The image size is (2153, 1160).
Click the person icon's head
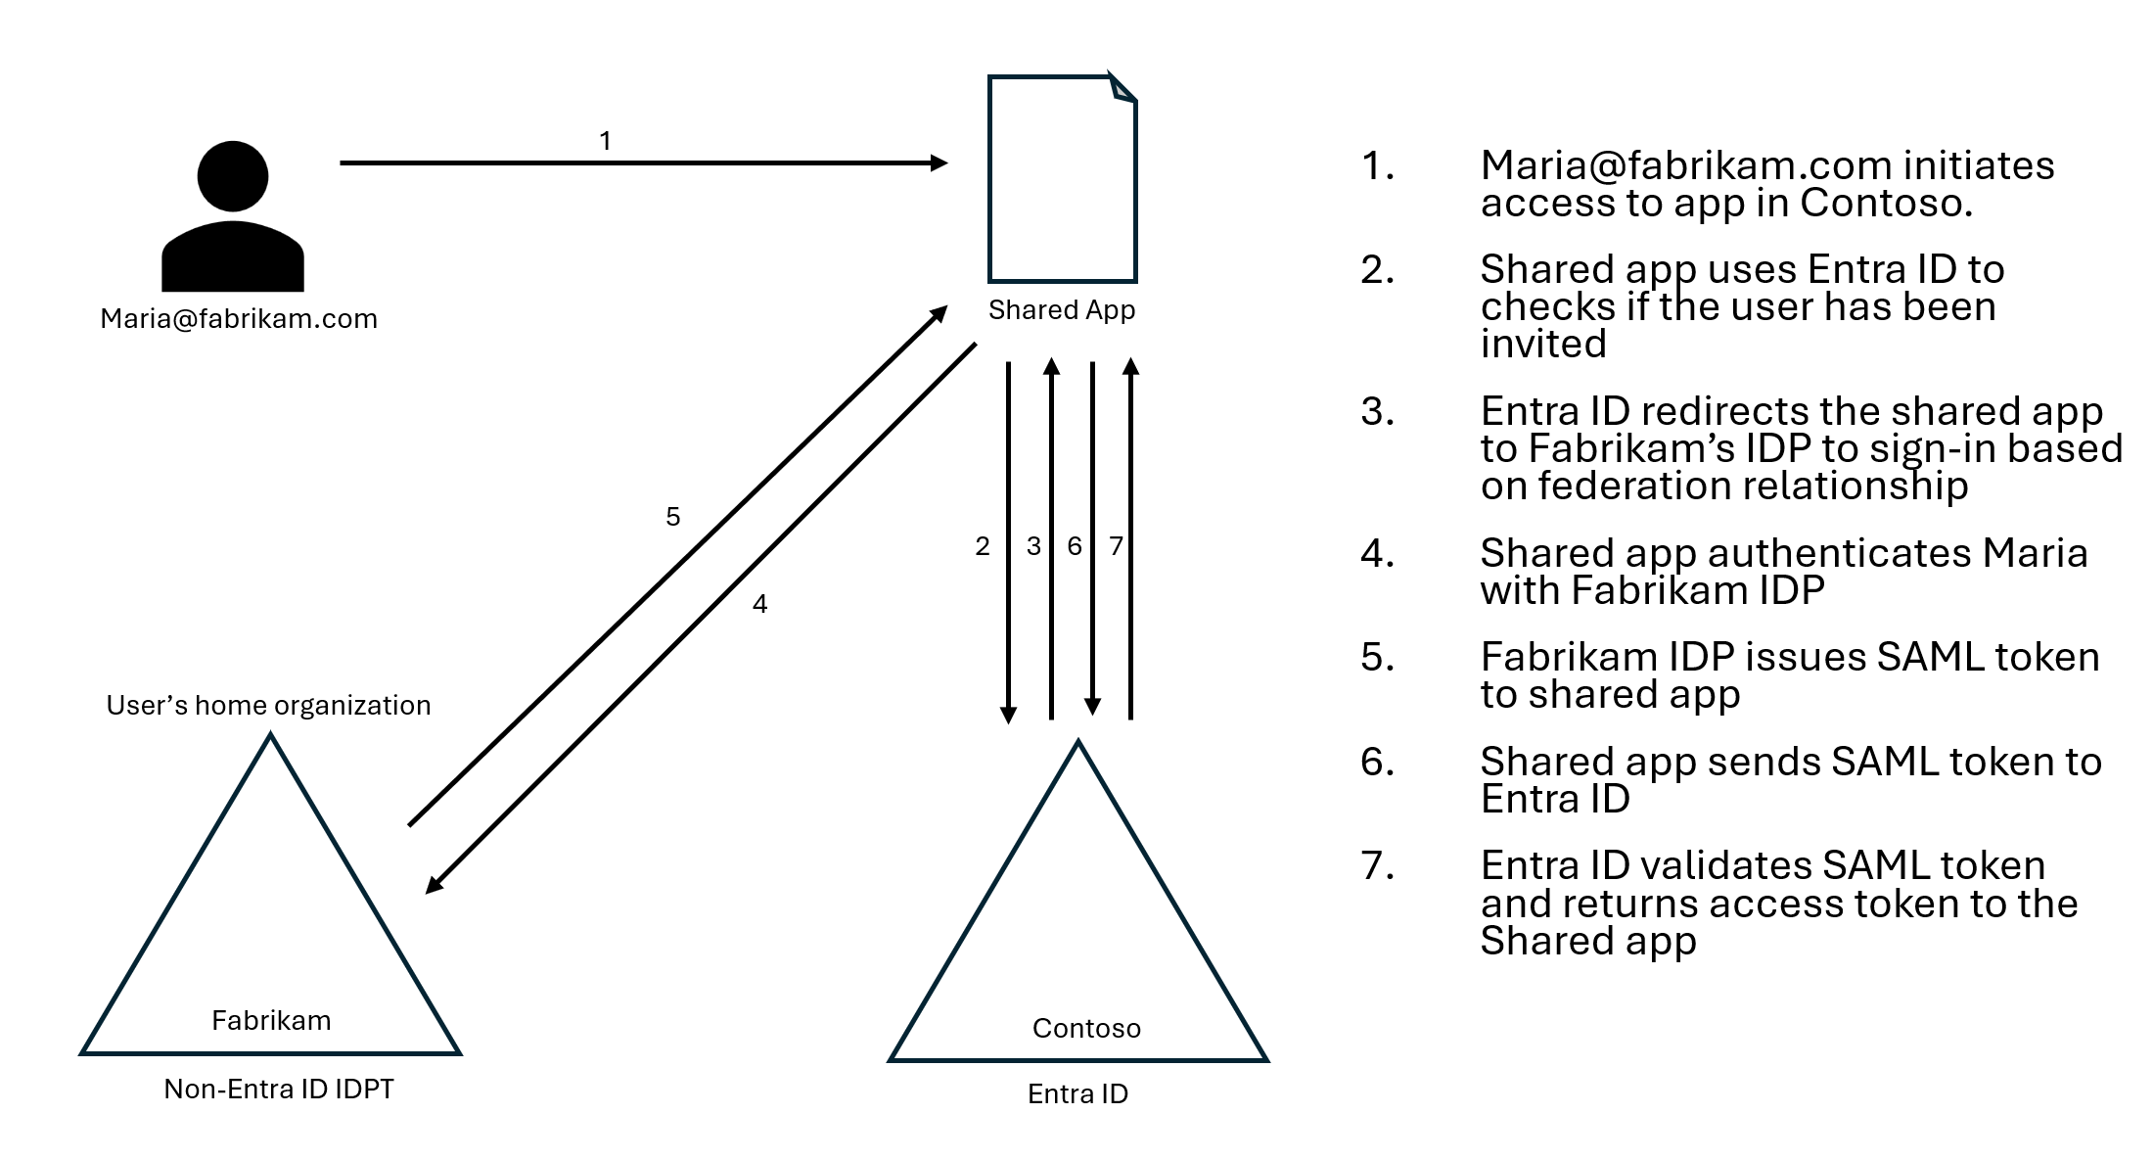[233, 176]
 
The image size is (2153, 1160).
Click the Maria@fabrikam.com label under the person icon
[239, 319]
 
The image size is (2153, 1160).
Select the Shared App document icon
[1063, 178]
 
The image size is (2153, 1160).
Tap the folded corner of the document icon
[1122, 86]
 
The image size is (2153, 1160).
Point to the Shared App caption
[1062, 310]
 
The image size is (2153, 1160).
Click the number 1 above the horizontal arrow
[606, 141]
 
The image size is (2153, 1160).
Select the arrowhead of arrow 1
[939, 162]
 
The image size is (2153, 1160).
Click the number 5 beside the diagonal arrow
[673, 517]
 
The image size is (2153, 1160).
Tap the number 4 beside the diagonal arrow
[760, 604]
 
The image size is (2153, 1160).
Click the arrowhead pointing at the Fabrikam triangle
[435, 884]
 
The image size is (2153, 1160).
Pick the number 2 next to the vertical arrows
[983, 546]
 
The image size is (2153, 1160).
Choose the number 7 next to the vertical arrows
[1116, 546]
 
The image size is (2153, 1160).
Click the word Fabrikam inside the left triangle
[271, 1021]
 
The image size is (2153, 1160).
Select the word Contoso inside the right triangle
[1086, 1029]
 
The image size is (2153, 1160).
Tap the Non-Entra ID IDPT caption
[279, 1090]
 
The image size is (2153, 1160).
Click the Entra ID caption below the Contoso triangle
[1077, 1094]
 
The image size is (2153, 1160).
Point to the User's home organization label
[268, 706]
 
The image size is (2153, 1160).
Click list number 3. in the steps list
[1377, 412]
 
